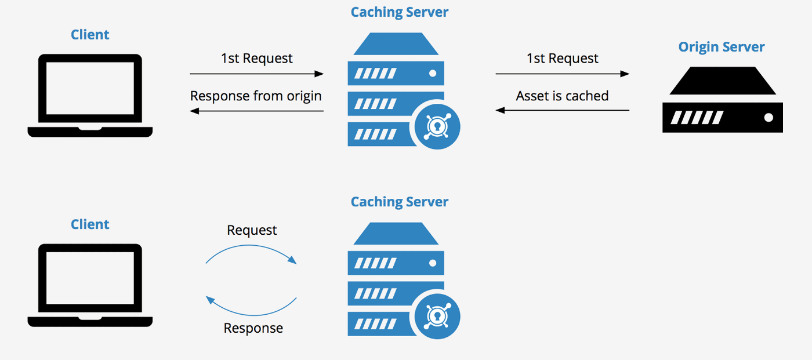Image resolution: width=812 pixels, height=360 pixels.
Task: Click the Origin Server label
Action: pos(721,47)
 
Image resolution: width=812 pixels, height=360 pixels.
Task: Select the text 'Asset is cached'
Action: pos(562,96)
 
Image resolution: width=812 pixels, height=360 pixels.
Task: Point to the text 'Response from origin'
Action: pos(256,96)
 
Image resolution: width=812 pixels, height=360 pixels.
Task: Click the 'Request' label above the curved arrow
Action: pos(252,230)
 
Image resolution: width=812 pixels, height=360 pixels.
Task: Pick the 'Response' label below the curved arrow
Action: pos(253,328)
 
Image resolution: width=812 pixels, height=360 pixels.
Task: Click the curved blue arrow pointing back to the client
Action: pos(251,307)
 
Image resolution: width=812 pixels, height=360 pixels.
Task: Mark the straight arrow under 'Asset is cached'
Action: pos(562,110)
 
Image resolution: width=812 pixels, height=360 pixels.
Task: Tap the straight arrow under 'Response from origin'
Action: pos(256,110)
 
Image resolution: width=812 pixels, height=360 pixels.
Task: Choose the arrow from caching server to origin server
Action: pos(562,74)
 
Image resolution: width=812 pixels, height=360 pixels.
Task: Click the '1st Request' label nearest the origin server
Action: pos(562,59)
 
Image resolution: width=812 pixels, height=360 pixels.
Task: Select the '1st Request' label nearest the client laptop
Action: pos(256,59)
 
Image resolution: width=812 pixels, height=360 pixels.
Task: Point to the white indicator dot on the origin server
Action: pos(768,118)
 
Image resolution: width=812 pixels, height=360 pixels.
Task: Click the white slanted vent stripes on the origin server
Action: pos(697,118)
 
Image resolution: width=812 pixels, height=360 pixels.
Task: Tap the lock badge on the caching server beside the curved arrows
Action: pos(435,316)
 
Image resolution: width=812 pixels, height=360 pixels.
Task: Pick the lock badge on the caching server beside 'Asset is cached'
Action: pos(435,126)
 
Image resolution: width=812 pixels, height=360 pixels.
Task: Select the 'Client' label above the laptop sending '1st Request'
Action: pos(90,35)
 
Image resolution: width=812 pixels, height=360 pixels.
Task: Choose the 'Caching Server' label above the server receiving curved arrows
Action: pos(399,202)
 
